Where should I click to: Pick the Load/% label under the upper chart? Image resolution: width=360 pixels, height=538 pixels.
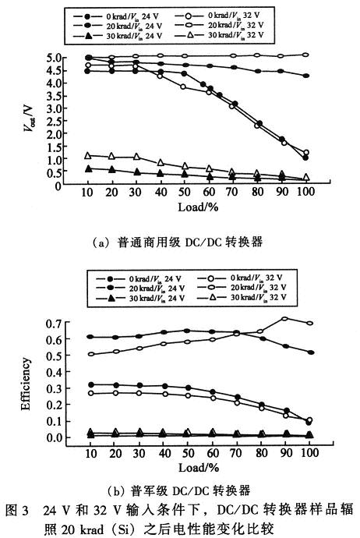[x=200, y=214]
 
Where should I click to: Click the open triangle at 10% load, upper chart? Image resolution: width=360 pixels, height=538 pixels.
[x=88, y=156]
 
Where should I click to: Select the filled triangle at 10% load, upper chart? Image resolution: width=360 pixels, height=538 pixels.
[x=88, y=168]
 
